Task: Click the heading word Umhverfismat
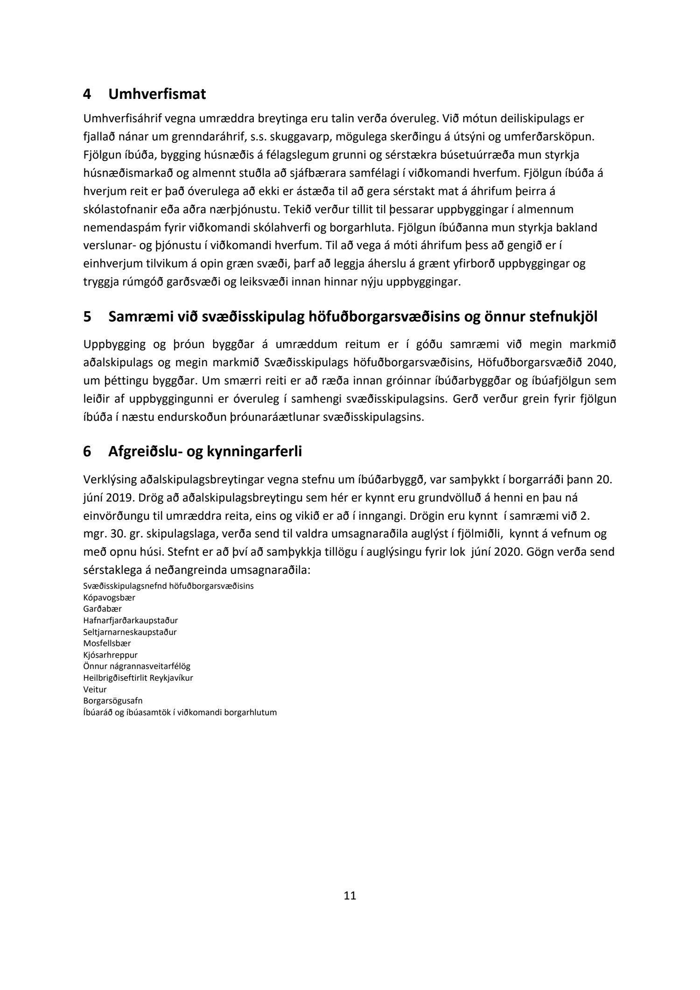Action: click(x=157, y=94)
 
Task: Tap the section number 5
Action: click(x=87, y=317)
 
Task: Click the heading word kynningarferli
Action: click(x=252, y=452)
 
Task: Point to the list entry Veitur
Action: click(x=95, y=689)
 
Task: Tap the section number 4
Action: click(x=87, y=94)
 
